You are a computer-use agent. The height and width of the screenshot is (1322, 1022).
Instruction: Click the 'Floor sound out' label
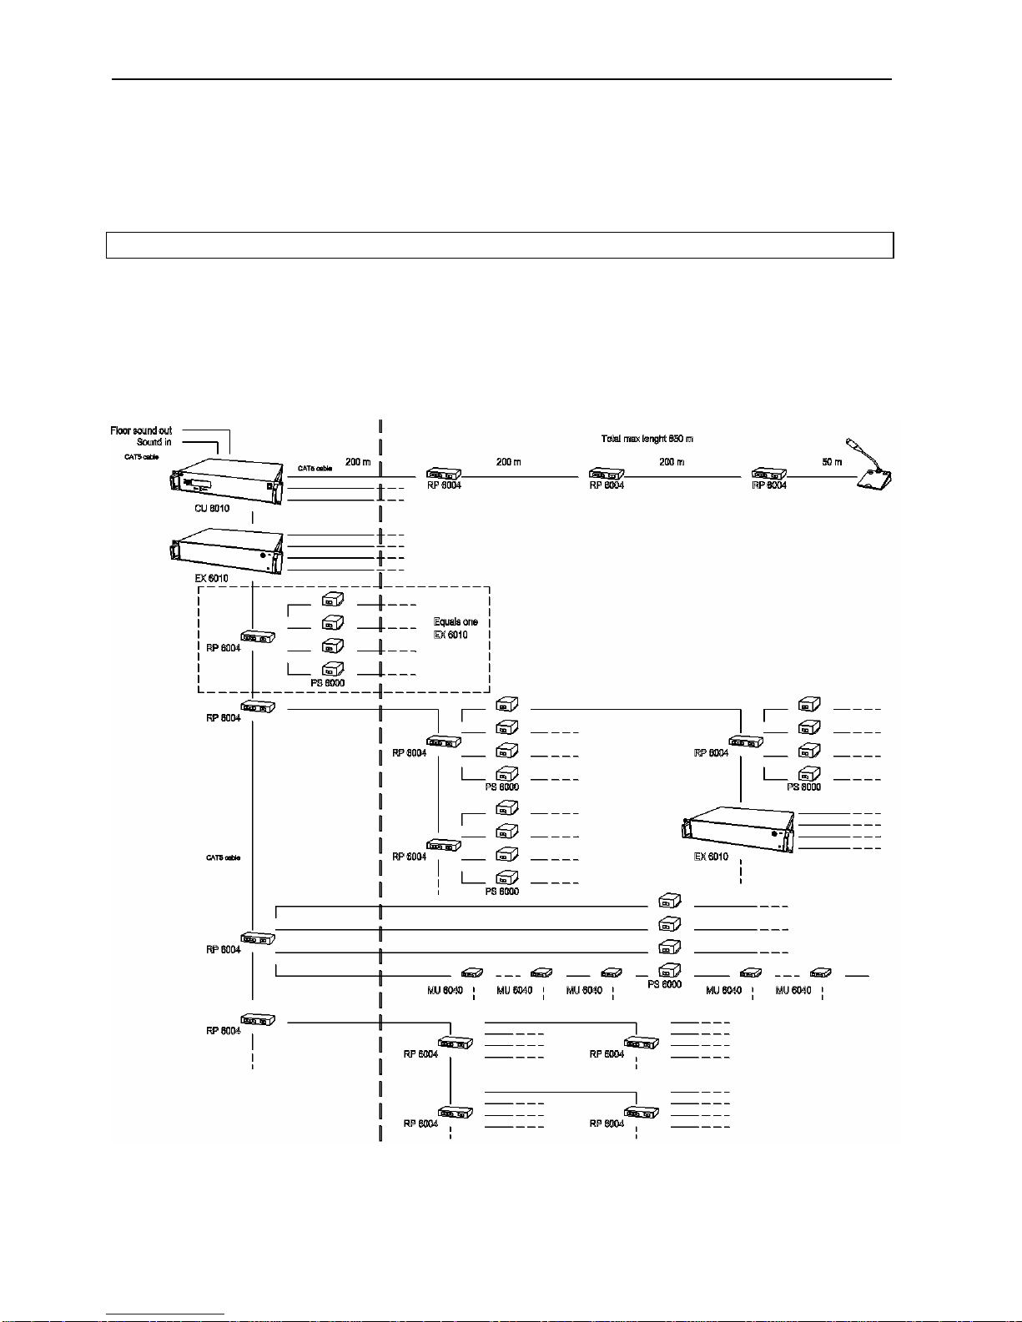(141, 430)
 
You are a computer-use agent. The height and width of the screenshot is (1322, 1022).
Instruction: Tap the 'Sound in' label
(154, 442)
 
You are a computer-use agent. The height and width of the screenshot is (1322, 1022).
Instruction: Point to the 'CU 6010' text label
(212, 508)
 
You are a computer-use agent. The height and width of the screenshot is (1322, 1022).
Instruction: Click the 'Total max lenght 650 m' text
(647, 439)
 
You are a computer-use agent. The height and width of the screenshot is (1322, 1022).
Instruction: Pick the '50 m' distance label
(832, 462)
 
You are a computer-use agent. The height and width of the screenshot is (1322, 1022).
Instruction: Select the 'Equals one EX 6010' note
(456, 628)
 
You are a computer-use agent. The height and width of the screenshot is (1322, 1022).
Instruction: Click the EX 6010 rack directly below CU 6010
(226, 550)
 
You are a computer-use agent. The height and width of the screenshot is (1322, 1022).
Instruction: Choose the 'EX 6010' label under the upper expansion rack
(212, 578)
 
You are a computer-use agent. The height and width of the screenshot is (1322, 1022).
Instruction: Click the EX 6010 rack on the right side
(735, 829)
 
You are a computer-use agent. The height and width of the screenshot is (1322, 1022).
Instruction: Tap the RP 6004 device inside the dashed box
(258, 637)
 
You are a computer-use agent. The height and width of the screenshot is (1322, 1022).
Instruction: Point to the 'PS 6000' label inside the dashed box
(328, 683)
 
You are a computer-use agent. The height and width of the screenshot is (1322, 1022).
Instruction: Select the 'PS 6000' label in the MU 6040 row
(664, 984)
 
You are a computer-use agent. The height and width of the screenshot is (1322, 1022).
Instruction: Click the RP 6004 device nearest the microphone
(769, 475)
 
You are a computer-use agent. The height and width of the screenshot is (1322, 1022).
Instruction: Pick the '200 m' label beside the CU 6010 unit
(358, 462)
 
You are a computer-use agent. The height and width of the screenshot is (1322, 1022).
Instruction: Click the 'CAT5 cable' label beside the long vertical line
(223, 857)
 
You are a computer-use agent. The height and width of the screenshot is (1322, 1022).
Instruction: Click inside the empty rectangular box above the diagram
(499, 245)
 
